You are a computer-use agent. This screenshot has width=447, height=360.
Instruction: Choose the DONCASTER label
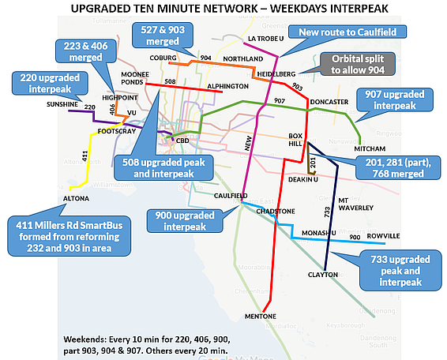pos(331,103)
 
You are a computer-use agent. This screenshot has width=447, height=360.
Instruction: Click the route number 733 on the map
pos(325,212)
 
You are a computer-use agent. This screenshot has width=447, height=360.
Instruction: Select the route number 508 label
pos(169,81)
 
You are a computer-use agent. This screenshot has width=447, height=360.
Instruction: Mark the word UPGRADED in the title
pos(132,9)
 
